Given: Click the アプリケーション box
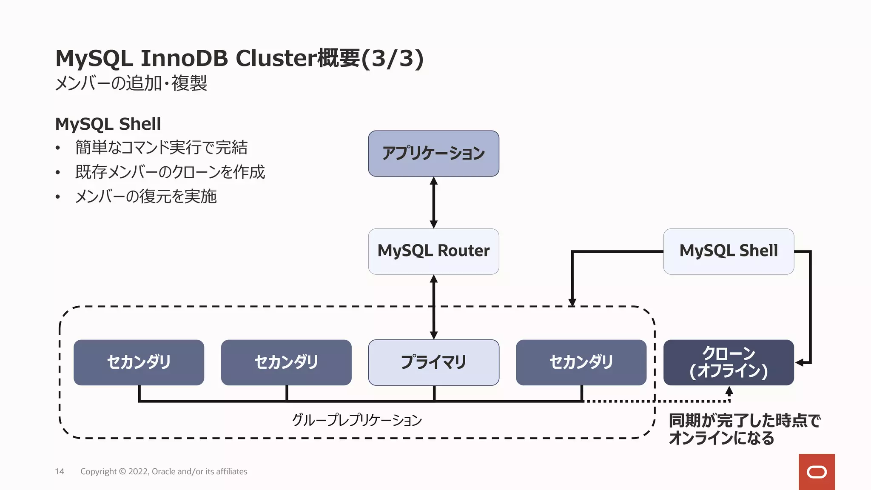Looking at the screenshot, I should pyautogui.click(x=433, y=154).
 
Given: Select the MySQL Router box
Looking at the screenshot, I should pyautogui.click(x=433, y=251).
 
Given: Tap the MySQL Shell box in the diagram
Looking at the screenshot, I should pyautogui.click(x=729, y=251).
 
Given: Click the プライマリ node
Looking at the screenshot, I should pyautogui.click(x=433, y=362).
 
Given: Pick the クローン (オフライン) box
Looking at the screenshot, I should pyautogui.click(x=729, y=362).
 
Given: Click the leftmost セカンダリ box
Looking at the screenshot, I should pyautogui.click(x=139, y=362).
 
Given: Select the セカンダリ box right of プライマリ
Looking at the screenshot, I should pyautogui.click(x=581, y=362).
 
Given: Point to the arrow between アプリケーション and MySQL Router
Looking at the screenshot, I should pyautogui.click(x=433, y=202).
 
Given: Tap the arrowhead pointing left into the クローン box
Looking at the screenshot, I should pyautogui.click(x=800, y=362).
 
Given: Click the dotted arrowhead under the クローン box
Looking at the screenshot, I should pyautogui.click(x=729, y=390).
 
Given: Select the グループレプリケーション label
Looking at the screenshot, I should pyautogui.click(x=357, y=420).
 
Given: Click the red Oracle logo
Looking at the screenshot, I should pyautogui.click(x=817, y=472).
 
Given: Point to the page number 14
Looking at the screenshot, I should pyautogui.click(x=60, y=471).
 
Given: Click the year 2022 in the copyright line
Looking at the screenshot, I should pyautogui.click(x=138, y=471).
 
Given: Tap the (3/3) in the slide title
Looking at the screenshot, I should pyautogui.click(x=392, y=58).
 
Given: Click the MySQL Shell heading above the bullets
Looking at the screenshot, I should pyautogui.click(x=108, y=124).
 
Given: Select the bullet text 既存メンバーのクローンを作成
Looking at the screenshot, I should pyautogui.click(x=170, y=172).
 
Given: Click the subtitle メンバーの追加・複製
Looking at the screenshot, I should pyautogui.click(x=131, y=83).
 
